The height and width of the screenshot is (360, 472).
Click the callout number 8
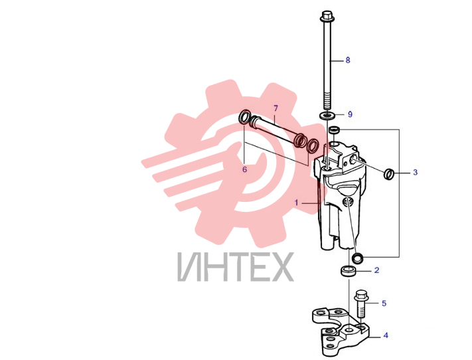[x=348, y=60]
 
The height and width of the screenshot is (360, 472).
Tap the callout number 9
[x=350, y=114]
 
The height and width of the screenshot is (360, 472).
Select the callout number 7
[x=275, y=108]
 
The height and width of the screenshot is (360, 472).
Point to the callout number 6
[x=244, y=169]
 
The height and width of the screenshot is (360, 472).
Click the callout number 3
[x=415, y=172]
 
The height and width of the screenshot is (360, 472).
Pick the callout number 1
[x=296, y=203]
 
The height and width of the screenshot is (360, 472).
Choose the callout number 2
[x=376, y=270]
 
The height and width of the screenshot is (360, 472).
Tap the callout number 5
[x=384, y=303]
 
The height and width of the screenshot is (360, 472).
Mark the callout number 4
[x=386, y=335]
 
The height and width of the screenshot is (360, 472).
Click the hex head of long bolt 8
[x=327, y=16]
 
